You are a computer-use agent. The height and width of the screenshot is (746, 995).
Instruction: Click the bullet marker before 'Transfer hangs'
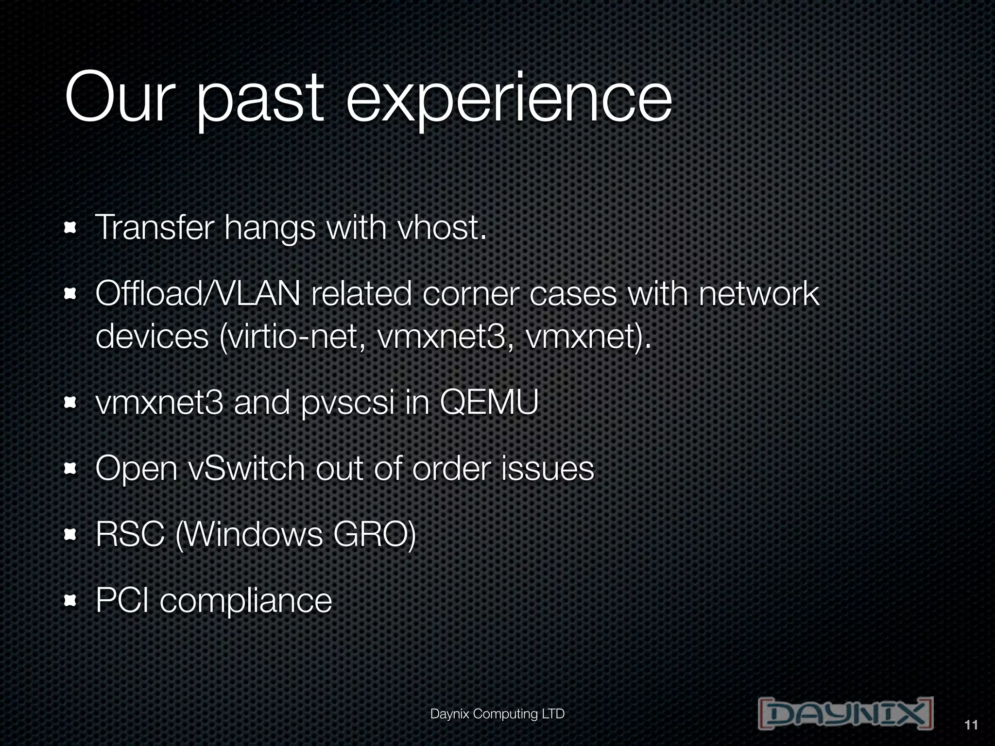tap(71, 228)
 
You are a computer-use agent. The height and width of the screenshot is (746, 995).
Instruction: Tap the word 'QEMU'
tap(489, 403)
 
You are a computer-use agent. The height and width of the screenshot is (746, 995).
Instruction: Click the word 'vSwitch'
tap(245, 469)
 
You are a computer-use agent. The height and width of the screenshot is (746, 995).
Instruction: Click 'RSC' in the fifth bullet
tap(130, 535)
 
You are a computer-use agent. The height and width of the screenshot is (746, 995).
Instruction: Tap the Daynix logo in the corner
tap(845, 713)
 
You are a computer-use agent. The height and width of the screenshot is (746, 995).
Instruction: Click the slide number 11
tap(970, 726)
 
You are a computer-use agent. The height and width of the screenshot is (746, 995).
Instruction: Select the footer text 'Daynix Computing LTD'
tap(497, 714)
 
